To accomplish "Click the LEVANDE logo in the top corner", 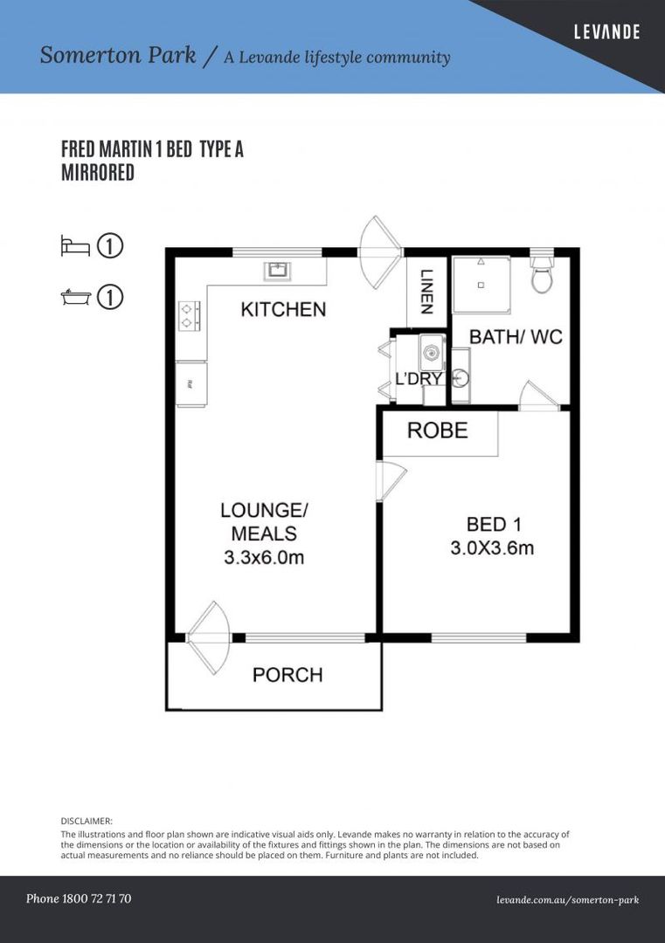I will (606, 32).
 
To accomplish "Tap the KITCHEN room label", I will (283, 309).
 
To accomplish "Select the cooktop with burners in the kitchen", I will (190, 315).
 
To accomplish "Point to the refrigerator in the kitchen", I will (190, 383).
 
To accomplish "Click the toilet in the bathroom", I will (542, 278).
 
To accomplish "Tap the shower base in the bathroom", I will (480, 285).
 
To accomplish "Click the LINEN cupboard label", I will (426, 292).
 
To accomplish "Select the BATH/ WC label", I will (516, 337).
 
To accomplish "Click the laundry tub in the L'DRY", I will (432, 354).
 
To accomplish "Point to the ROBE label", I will (438, 430).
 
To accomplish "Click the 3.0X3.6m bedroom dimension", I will (492, 548).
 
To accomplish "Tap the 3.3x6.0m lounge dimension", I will (263, 557).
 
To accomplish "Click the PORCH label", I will (287, 675).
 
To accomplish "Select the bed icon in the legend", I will (75, 246).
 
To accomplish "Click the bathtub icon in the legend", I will (75, 298).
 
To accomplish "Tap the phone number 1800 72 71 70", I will (79, 898).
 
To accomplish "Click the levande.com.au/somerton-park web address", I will (567, 899).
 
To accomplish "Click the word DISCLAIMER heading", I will (87, 822).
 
